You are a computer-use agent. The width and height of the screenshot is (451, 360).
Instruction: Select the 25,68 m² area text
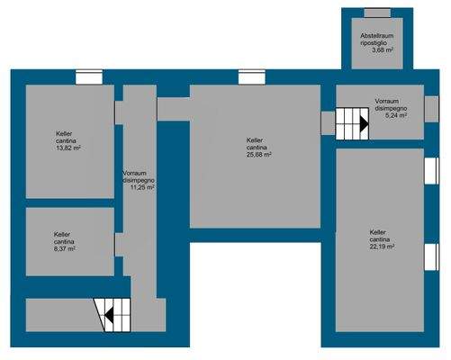pyautogui.click(x=259, y=154)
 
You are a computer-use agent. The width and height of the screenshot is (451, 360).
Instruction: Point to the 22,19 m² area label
pyautogui.click(x=382, y=248)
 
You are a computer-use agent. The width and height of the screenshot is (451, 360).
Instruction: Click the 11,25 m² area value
pyautogui.click(x=142, y=188)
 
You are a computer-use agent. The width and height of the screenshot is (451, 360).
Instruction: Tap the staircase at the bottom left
pyautogui.click(x=113, y=315)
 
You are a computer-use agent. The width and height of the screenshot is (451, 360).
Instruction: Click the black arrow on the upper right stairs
pyautogui.click(x=362, y=126)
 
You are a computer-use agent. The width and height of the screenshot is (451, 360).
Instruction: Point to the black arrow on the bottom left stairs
pyautogui.click(x=108, y=315)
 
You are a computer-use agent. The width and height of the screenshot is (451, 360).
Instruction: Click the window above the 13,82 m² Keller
pyautogui.click(x=88, y=77)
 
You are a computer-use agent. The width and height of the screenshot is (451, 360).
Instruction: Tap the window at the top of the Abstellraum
pyautogui.click(x=377, y=12)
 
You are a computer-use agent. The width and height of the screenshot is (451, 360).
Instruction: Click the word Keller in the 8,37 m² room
pyautogui.click(x=62, y=233)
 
